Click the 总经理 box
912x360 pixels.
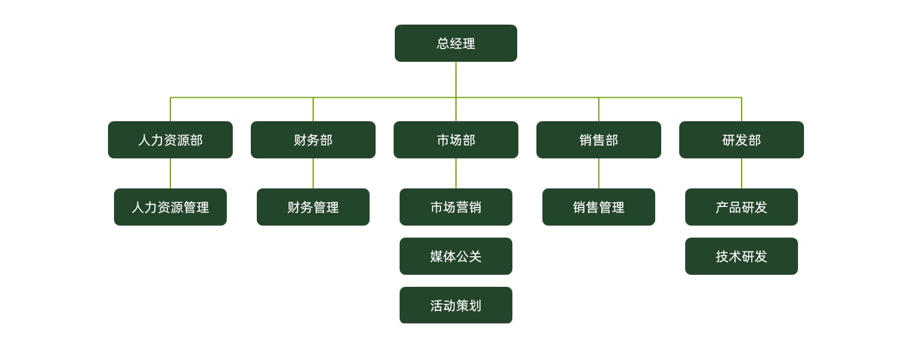pos(456,43)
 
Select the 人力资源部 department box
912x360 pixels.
pos(170,140)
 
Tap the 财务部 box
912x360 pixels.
pos(313,140)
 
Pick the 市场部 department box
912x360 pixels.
pos(456,140)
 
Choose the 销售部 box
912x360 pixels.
pos(599,140)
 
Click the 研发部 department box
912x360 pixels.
pos(742,140)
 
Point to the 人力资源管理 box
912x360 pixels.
pos(170,207)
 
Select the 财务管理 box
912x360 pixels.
pos(313,207)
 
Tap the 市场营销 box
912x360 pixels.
pos(456,207)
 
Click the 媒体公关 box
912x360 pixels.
pos(456,256)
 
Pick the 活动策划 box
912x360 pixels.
pos(456,305)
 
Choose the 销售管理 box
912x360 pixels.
pos(599,207)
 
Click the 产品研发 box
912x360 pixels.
pos(742,207)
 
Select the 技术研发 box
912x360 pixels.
pos(742,256)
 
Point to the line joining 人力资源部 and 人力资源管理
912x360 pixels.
pos(170,173)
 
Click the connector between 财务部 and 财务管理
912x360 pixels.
pos(313,173)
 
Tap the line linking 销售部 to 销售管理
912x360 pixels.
pos(599,173)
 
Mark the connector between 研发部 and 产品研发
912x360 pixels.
pos(742,173)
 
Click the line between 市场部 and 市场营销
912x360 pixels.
pos(456,173)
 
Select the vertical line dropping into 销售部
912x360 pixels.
pos(599,110)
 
